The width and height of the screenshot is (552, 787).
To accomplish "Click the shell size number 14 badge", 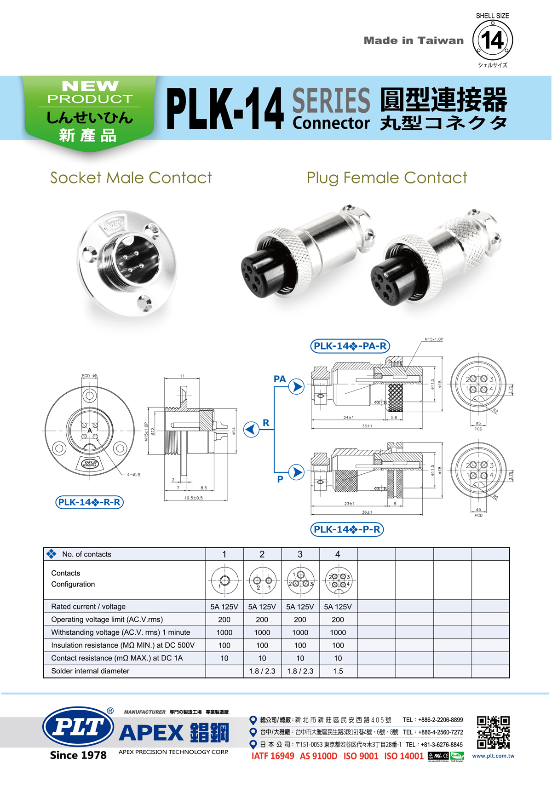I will click(x=493, y=40).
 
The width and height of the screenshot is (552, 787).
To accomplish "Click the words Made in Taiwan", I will click(x=414, y=40).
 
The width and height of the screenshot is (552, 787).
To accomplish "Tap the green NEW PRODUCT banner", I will click(x=90, y=110).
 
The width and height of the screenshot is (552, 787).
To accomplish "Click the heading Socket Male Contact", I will click(x=131, y=178).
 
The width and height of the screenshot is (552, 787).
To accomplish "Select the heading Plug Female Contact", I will click(x=387, y=178).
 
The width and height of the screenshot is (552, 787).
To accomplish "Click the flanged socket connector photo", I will click(x=126, y=263).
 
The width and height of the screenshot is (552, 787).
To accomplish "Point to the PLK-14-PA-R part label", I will click(x=350, y=346).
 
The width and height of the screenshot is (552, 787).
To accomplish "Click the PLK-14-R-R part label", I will click(x=90, y=502).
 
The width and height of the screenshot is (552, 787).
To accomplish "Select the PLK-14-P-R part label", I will click(x=347, y=529).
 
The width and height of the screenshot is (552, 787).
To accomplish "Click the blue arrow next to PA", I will click(x=297, y=386).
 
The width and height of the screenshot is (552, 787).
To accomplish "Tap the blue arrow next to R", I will click(x=251, y=429).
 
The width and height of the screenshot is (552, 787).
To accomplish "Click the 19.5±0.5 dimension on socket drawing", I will click(x=194, y=498).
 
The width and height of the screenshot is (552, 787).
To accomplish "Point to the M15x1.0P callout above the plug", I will click(x=433, y=339).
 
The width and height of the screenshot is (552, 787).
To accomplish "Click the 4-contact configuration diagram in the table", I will click(x=338, y=580).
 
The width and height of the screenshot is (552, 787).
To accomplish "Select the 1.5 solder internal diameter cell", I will click(x=338, y=671).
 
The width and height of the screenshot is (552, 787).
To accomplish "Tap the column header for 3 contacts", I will click(x=300, y=554).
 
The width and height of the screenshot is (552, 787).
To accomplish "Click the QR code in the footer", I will click(x=493, y=732).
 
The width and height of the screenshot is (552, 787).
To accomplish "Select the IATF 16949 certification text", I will click(x=273, y=756).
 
